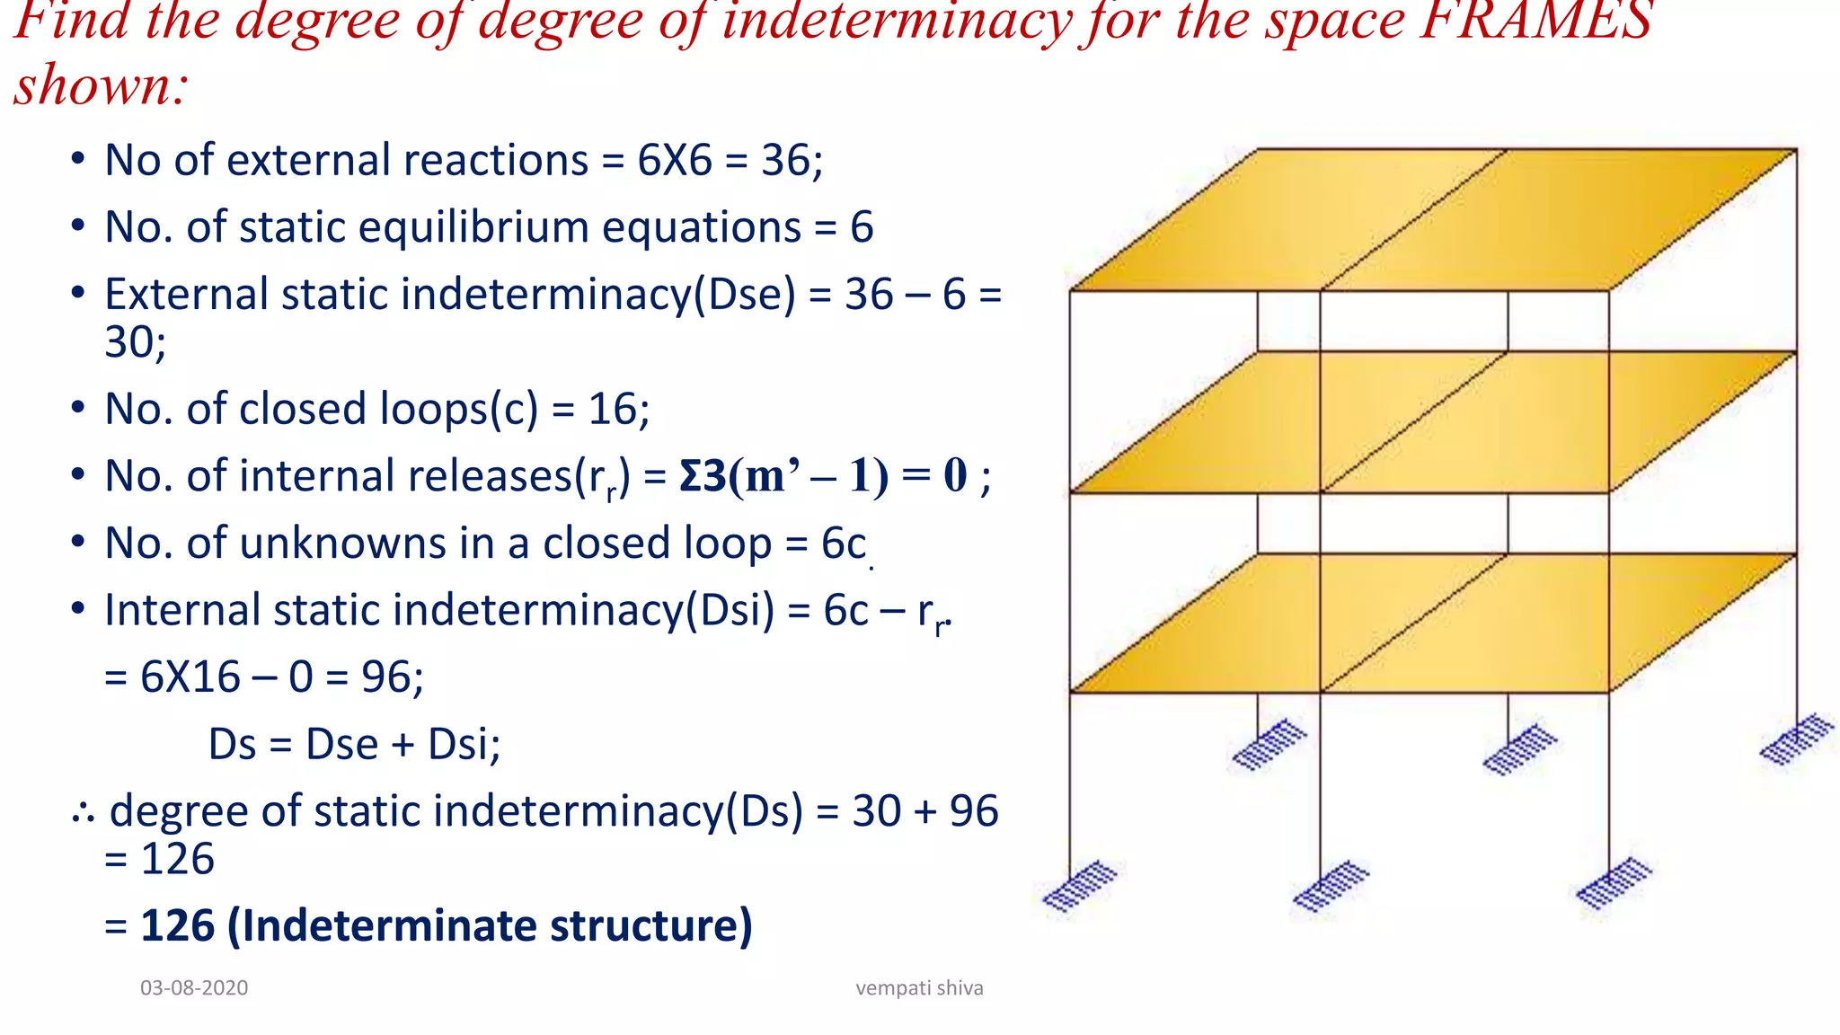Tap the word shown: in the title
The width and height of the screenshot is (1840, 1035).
[101, 86]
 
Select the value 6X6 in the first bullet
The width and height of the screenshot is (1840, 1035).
[674, 161]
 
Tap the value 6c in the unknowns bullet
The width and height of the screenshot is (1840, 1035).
[843, 544]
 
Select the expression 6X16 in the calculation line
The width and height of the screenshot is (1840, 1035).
[190, 677]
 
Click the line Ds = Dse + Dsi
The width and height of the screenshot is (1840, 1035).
[354, 745]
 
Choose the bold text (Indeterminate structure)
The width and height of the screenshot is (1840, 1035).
[490, 925]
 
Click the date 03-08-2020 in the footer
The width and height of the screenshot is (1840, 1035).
[194, 988]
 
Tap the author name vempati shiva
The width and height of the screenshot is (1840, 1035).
[919, 988]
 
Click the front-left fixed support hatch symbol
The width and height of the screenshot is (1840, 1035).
[1080, 887]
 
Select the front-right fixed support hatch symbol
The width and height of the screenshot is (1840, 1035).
[1614, 884]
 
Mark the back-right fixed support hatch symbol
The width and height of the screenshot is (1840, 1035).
[1796, 739]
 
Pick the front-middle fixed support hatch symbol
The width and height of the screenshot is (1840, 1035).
[1331, 887]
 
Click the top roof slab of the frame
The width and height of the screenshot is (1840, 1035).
[1433, 220]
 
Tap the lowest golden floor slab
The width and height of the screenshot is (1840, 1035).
[1433, 624]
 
